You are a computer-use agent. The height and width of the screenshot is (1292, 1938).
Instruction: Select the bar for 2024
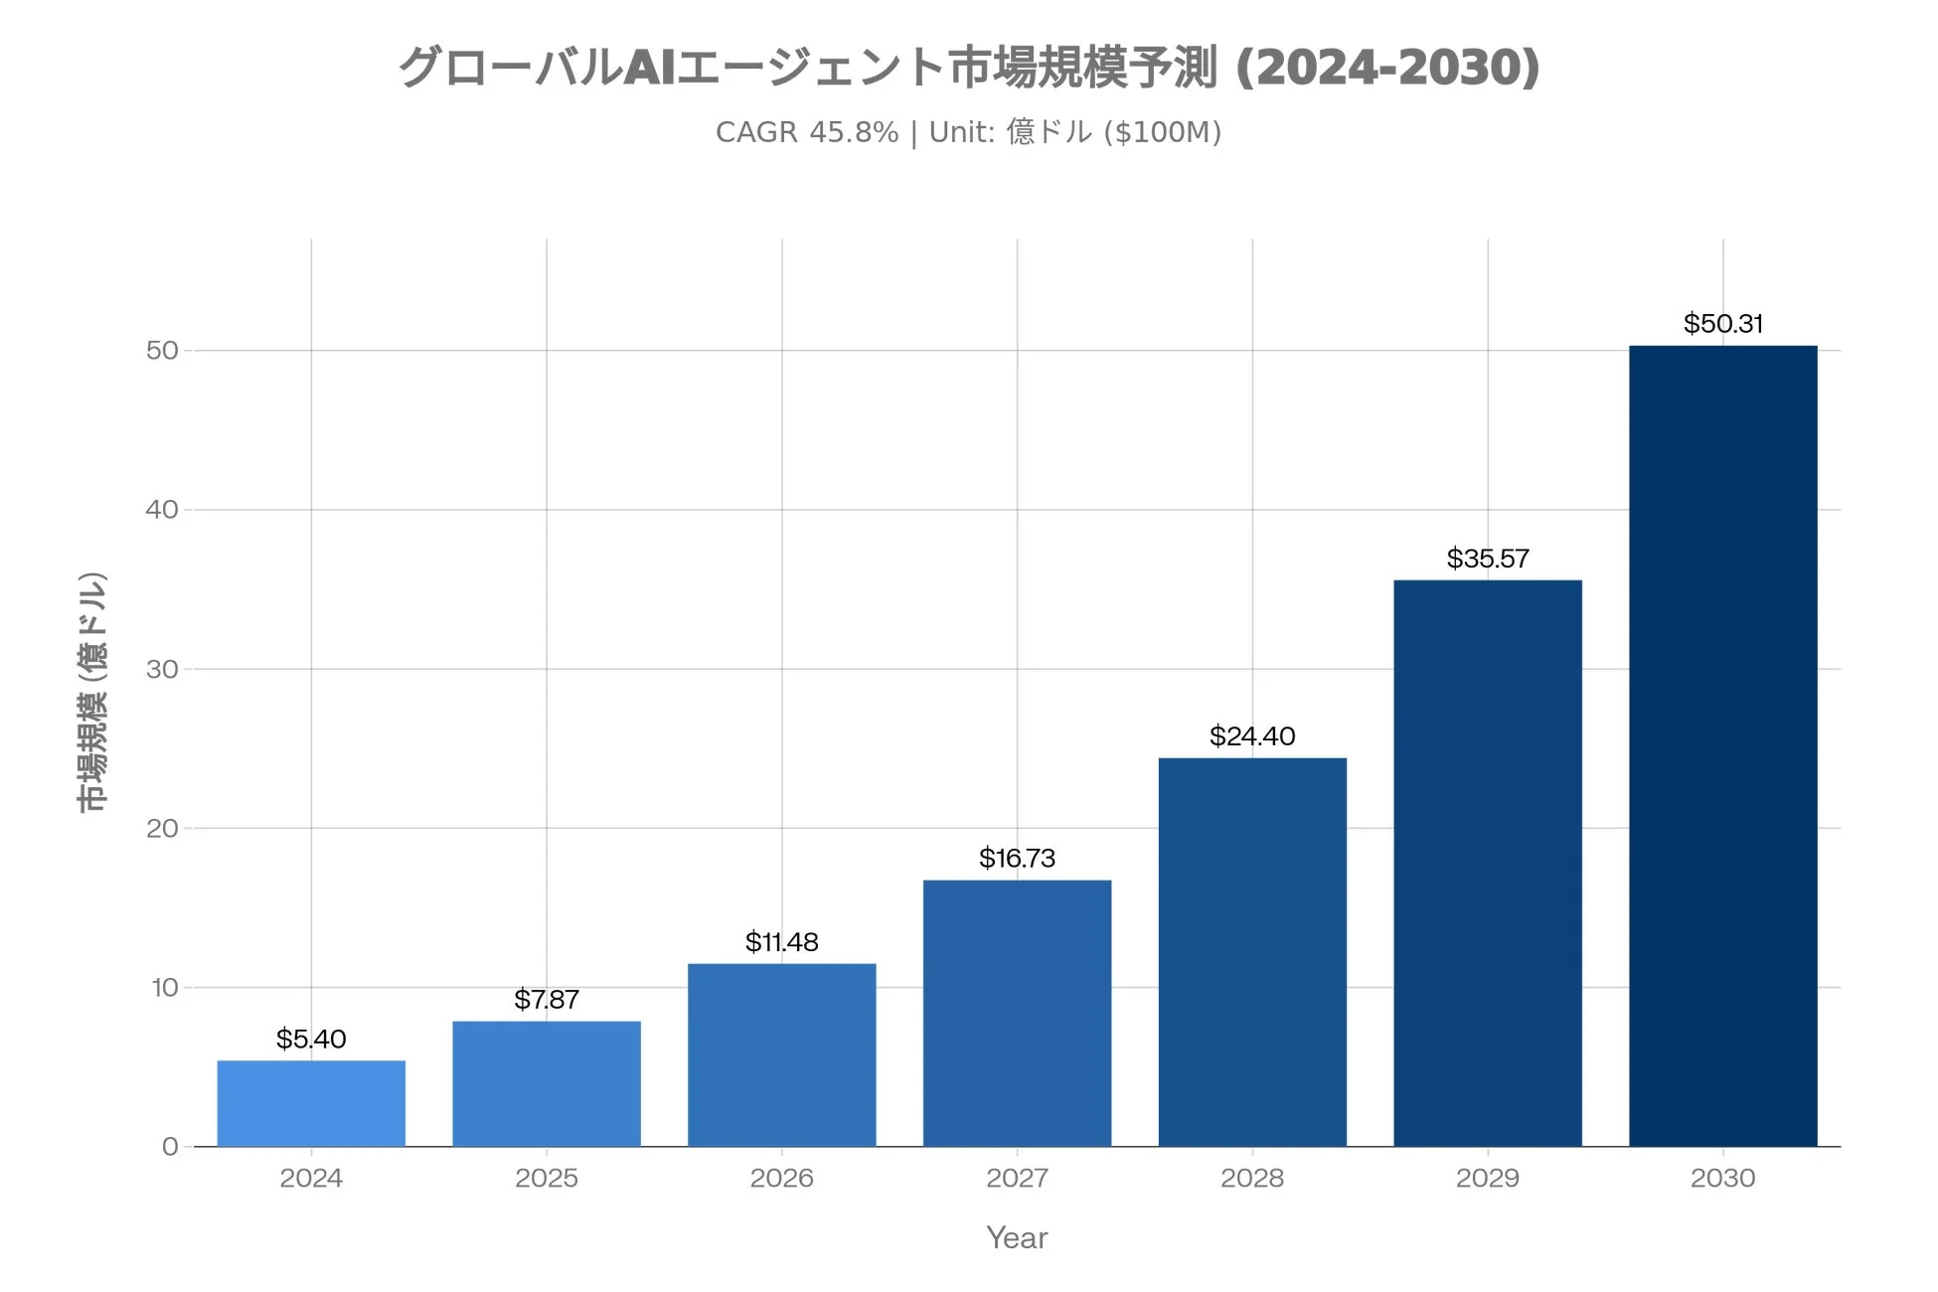pos(311,1103)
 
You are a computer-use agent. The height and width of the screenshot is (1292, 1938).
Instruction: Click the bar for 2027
pos(1017,1013)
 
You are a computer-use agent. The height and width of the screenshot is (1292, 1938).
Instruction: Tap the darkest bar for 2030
pos(1722,745)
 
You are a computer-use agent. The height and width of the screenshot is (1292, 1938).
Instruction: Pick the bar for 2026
pos(781,1054)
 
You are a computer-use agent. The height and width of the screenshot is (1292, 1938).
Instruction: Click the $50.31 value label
pos(1722,323)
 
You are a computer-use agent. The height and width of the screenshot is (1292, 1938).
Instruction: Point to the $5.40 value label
pos(311,1039)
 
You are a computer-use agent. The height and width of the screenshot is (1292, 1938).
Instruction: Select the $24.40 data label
pos(1251,735)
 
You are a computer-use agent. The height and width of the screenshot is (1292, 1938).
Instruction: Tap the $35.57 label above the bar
pos(1487,558)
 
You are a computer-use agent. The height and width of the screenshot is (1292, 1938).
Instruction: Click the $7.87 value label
pos(546,999)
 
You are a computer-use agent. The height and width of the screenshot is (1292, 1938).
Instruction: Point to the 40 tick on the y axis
pos(162,510)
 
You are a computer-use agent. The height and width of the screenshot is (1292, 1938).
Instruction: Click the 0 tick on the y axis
pos(170,1147)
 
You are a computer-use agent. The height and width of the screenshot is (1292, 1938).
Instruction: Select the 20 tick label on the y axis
pos(162,828)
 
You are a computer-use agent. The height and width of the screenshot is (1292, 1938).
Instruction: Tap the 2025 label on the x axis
pos(546,1178)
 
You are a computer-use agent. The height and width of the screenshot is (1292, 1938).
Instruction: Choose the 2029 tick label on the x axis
pos(1487,1178)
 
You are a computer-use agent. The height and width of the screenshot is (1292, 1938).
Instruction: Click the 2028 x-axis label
pos(1251,1178)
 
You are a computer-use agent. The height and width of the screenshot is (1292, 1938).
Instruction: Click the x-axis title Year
pos(1017,1237)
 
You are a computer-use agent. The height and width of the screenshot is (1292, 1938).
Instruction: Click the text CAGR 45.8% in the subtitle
pos(806,132)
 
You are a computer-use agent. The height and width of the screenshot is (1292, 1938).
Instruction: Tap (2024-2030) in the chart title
pos(1386,68)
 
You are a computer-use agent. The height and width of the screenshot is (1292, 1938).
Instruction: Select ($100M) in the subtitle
pos(1162,132)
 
